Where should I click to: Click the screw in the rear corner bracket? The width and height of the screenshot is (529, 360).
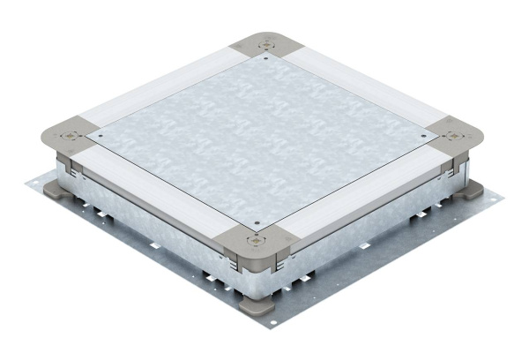265,42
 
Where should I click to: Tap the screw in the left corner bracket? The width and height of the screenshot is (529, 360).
69,136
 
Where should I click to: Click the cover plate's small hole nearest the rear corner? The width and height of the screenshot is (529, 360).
264,59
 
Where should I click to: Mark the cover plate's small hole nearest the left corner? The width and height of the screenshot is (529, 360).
100,136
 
